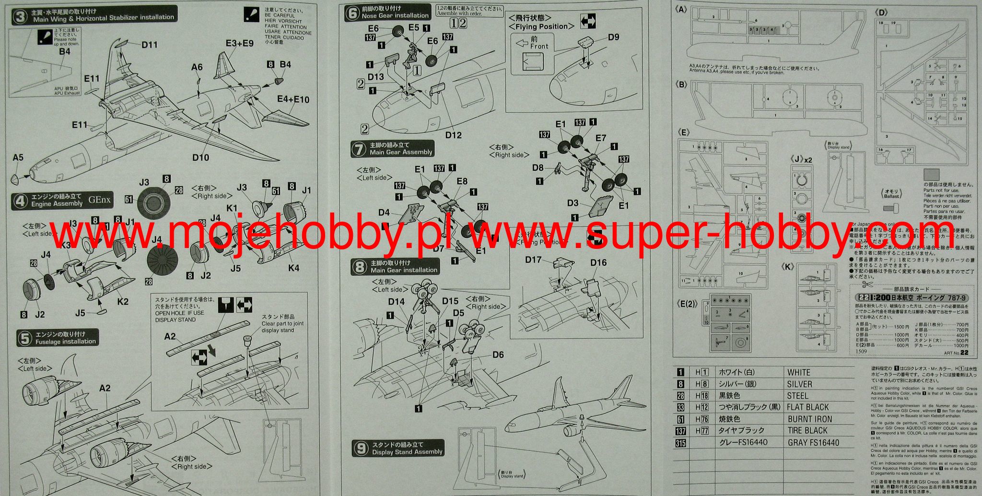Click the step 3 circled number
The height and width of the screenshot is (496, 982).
pyautogui.click(x=20, y=17)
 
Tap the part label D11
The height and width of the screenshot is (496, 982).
pyautogui.click(x=150, y=45)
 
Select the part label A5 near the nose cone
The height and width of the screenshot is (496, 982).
pyautogui.click(x=18, y=158)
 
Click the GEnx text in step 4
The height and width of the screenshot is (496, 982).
pyautogui.click(x=99, y=200)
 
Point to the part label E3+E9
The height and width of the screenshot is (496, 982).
pyautogui.click(x=239, y=44)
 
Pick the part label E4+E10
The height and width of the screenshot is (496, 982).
pyautogui.click(x=293, y=100)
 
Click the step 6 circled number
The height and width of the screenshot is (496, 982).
pyautogui.click(x=352, y=13)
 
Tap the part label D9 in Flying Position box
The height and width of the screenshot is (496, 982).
pyautogui.click(x=613, y=37)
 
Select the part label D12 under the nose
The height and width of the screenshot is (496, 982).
pyautogui.click(x=453, y=135)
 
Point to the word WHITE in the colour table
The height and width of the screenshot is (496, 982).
pyautogui.click(x=798, y=372)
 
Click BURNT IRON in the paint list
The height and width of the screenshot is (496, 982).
pyautogui.click(x=809, y=419)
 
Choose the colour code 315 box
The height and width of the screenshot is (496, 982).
pyautogui.click(x=680, y=443)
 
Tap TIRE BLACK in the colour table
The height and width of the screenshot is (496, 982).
pyautogui.click(x=807, y=430)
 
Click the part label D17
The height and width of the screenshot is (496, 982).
pyautogui.click(x=533, y=260)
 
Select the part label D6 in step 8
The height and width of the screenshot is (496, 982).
pyautogui.click(x=498, y=354)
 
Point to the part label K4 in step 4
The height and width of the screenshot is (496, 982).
pyautogui.click(x=293, y=268)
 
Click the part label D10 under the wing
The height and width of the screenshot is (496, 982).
pyautogui.click(x=200, y=157)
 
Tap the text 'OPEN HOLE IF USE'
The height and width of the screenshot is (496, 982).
pyautogui.click(x=179, y=313)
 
